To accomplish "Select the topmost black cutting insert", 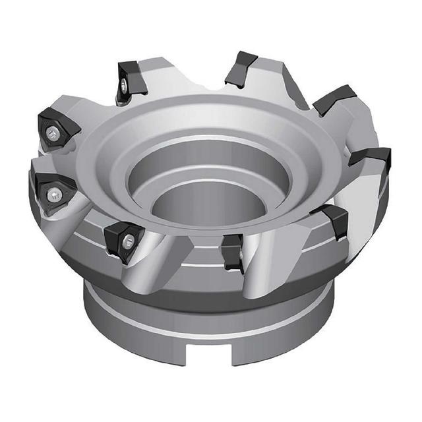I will (241, 66).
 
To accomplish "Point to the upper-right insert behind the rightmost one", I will (335, 99).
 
